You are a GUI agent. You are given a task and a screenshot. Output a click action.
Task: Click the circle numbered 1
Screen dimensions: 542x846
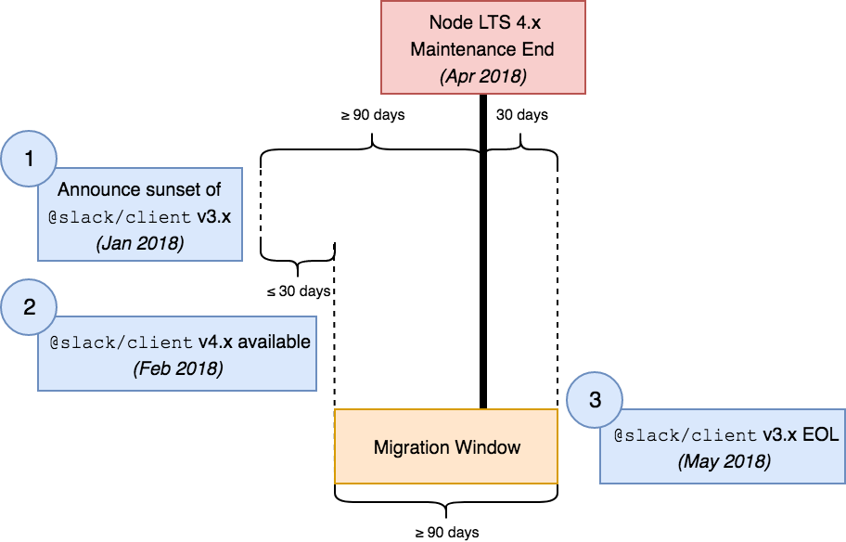(29, 159)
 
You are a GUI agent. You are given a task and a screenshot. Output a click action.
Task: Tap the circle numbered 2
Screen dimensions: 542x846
(29, 307)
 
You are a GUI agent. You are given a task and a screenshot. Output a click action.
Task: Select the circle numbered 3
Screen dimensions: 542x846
(595, 400)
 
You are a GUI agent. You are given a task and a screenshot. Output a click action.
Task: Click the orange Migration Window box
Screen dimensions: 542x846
(446, 446)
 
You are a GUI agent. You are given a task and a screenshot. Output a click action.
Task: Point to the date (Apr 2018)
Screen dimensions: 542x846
(482, 76)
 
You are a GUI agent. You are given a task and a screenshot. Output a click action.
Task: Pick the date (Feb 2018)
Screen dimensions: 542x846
(177, 368)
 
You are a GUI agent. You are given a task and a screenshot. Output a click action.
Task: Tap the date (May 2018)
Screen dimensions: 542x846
(724, 461)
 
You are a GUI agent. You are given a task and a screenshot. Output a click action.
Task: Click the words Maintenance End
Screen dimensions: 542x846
(482, 48)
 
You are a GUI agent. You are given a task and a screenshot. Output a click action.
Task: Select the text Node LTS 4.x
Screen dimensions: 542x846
(482, 21)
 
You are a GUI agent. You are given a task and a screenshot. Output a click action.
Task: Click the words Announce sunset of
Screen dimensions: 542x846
(139, 190)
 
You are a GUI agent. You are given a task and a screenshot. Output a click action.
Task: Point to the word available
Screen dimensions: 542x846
(274, 342)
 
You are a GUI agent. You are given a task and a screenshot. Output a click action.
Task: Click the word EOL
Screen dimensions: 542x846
(820, 434)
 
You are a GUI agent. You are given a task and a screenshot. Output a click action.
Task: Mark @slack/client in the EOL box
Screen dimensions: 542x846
(685, 435)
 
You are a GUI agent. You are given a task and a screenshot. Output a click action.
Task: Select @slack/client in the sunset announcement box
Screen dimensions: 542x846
(120, 218)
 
